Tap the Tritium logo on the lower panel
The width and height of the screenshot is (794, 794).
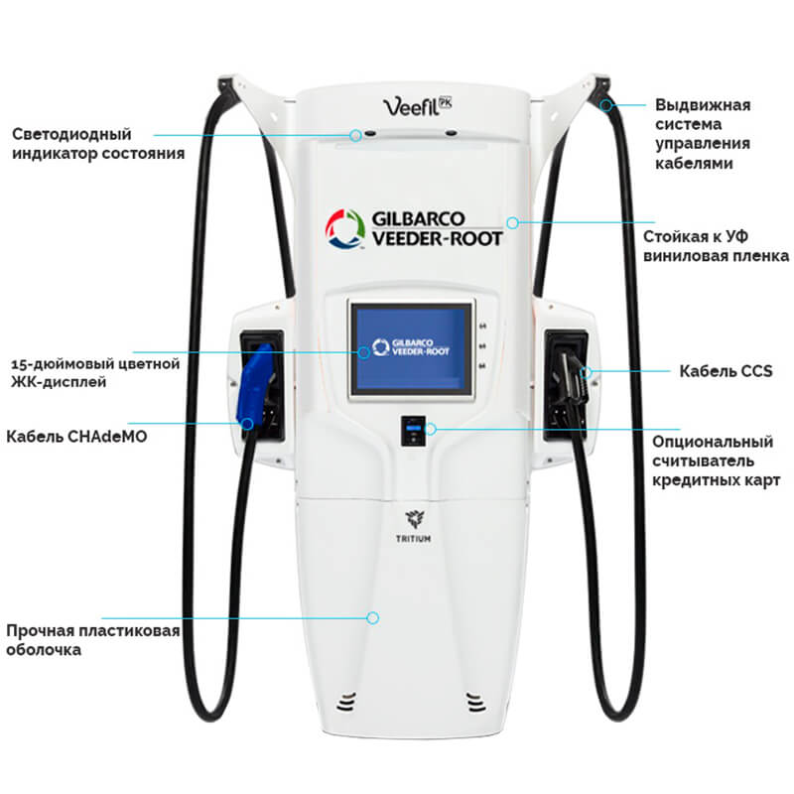(410, 523)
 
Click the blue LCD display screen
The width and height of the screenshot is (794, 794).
(410, 346)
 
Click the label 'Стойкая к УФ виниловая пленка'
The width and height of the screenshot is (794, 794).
(716, 247)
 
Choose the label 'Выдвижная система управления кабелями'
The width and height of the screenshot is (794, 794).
(703, 134)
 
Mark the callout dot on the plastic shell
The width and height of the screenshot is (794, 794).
(373, 617)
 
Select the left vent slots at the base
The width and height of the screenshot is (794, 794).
(347, 702)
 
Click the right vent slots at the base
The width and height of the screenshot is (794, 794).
(472, 702)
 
